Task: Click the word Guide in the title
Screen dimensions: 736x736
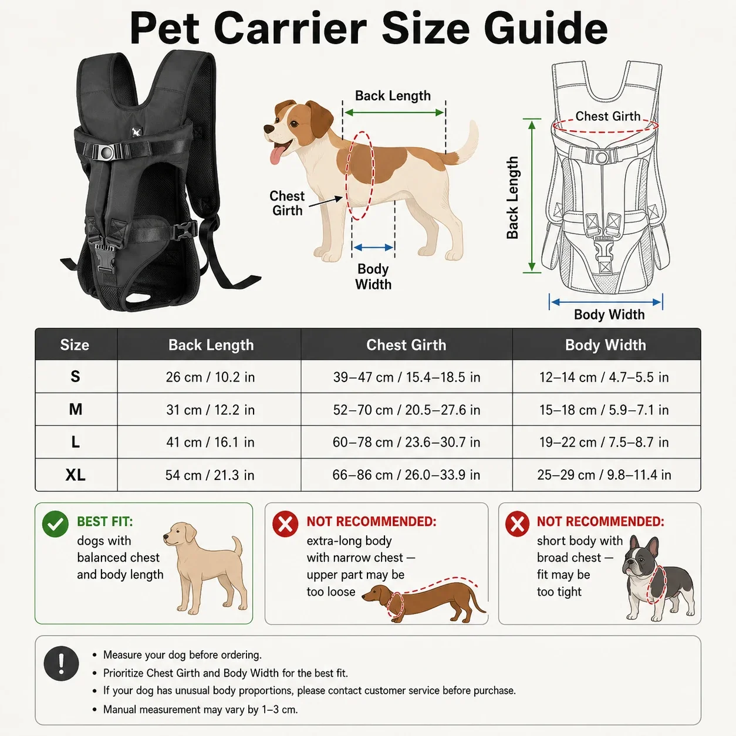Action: pyautogui.click(x=546, y=29)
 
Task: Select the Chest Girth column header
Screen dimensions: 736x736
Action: pyautogui.click(x=406, y=345)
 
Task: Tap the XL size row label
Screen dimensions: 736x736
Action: pyautogui.click(x=75, y=475)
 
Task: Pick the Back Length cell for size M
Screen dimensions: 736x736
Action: pyautogui.click(x=210, y=410)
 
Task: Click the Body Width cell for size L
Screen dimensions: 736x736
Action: pyautogui.click(x=604, y=443)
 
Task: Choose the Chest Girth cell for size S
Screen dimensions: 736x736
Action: pyautogui.click(x=406, y=377)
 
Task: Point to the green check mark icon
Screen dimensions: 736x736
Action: pyautogui.click(x=55, y=524)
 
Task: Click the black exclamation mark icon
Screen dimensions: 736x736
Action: pyautogui.click(x=61, y=663)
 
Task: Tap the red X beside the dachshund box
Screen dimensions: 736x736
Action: pyautogui.click(x=285, y=524)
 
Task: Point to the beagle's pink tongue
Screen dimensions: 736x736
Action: pyautogui.click(x=276, y=156)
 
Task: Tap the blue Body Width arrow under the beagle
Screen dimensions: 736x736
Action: pyautogui.click(x=373, y=248)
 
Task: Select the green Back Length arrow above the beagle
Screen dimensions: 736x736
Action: pyautogui.click(x=394, y=113)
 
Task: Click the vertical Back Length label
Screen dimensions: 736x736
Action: pyautogui.click(x=512, y=197)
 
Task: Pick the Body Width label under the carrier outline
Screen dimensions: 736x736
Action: pyautogui.click(x=609, y=315)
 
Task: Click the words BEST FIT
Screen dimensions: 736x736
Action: pyautogui.click(x=104, y=521)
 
